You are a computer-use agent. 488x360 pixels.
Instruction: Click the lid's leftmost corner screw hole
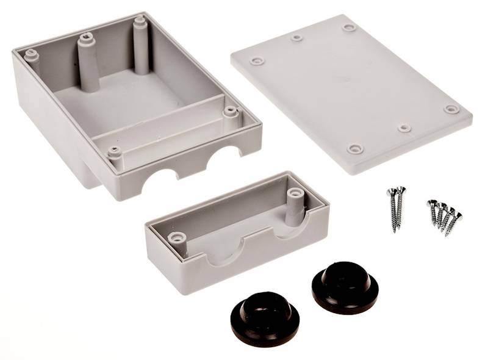coord(256,62)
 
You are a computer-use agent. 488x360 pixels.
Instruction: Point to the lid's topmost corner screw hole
coord(349,27)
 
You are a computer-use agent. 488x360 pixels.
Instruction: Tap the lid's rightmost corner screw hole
coord(451,109)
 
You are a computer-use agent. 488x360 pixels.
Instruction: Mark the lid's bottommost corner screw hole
coord(355,149)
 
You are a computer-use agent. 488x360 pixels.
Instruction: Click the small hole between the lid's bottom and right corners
coord(404,128)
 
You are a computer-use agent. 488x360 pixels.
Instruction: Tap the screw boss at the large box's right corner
coord(229,112)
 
